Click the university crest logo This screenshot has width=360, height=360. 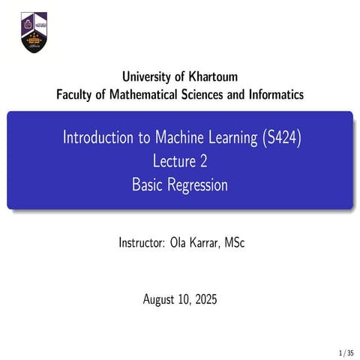click(33, 32)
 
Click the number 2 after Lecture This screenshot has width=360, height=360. click(202, 161)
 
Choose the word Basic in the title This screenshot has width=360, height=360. click(146, 184)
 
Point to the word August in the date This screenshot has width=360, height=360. click(160, 300)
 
